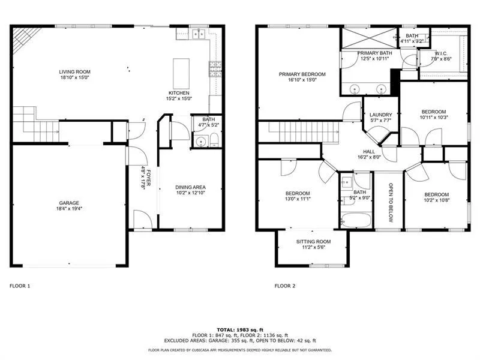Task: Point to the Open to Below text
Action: coord(390,202)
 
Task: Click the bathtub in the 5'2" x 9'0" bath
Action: coord(355,219)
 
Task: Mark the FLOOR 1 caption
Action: coord(20,286)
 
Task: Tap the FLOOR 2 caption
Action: coord(284,286)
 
